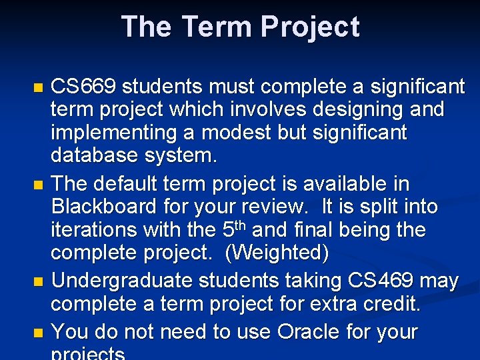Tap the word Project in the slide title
pyautogui.click(x=310, y=27)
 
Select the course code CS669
pyautogui.click(x=85, y=87)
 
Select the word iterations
pyautogui.click(x=94, y=230)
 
